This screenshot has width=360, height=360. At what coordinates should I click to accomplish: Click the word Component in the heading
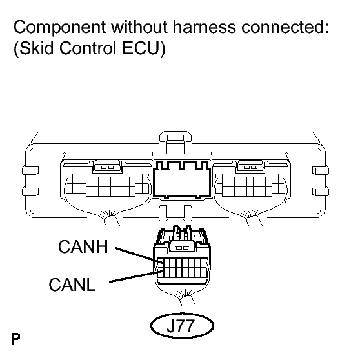60,28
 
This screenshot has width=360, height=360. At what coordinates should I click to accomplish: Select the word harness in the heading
204,26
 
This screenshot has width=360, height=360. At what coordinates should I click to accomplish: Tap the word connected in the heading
285,26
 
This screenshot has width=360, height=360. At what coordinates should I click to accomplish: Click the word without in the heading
139,26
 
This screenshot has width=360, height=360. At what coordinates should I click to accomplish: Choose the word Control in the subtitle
88,48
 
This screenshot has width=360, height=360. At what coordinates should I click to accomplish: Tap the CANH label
83,246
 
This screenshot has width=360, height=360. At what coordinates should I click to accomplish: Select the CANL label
72,285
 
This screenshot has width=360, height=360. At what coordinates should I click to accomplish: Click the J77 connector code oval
182,325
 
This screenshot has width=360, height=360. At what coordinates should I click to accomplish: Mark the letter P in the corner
16,339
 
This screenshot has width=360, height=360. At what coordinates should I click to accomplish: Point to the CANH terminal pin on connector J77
160,261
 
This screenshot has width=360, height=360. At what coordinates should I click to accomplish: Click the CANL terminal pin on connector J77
160,273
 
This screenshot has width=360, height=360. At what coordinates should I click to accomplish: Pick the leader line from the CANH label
137,254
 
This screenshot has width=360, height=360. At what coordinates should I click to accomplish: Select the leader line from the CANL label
134,277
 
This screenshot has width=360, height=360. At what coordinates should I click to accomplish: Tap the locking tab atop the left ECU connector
108,166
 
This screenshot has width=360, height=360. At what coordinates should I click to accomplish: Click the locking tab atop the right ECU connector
250,166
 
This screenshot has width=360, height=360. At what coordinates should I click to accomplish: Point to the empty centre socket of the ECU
182,180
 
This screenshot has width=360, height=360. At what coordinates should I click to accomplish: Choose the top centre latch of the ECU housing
175,142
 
